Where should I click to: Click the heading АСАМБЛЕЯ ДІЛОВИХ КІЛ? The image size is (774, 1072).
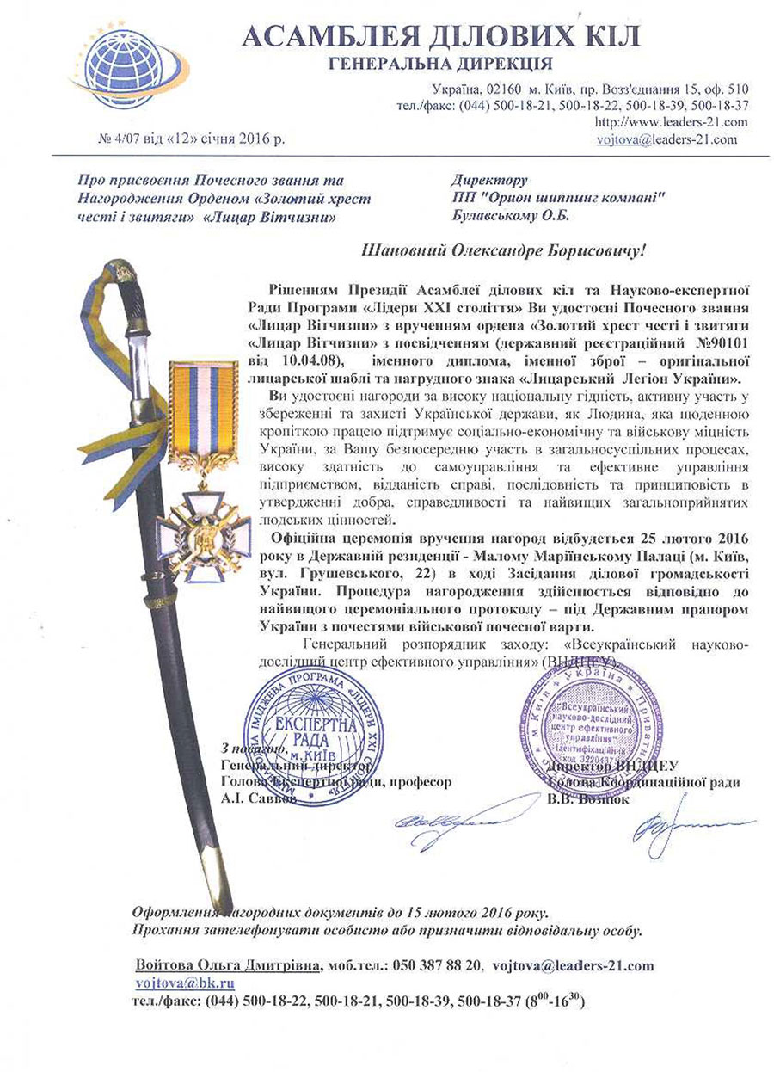[441, 35]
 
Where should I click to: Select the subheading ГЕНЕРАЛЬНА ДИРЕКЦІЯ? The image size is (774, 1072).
[441, 65]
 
